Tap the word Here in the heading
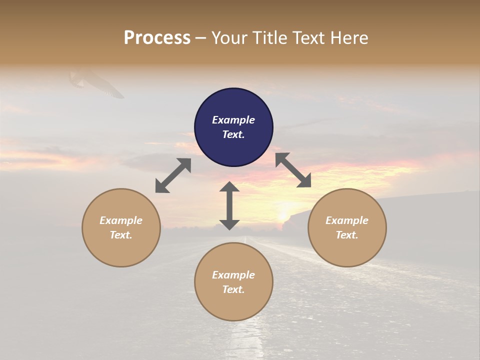click(x=348, y=38)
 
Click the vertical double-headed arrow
click(x=229, y=205)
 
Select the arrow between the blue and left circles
click(x=173, y=175)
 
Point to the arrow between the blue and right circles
click(x=293, y=170)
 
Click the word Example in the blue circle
click(x=233, y=120)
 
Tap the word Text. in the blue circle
click(x=233, y=134)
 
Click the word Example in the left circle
click(x=121, y=220)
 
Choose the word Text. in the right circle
click(x=347, y=235)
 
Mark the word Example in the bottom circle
click(x=233, y=275)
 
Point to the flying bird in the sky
click(x=97, y=83)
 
